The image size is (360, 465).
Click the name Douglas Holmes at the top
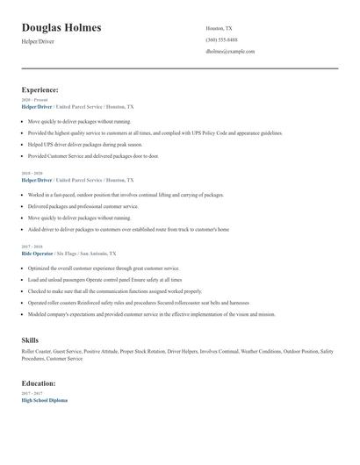click(x=61, y=28)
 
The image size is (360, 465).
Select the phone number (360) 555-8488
click(x=221, y=39)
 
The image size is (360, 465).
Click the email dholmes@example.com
click(x=230, y=51)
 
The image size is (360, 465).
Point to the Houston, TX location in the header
click(x=219, y=28)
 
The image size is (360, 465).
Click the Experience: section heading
click(x=40, y=89)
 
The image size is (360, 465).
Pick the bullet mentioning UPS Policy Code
click(x=155, y=133)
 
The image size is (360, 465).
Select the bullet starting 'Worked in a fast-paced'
click(x=126, y=195)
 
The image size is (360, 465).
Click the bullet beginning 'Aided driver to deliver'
click(x=128, y=229)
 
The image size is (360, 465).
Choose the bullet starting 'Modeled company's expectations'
click(x=151, y=313)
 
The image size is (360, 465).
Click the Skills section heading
click(x=30, y=340)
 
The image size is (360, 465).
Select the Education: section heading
click(x=39, y=383)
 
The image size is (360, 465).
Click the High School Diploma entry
click(x=44, y=400)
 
